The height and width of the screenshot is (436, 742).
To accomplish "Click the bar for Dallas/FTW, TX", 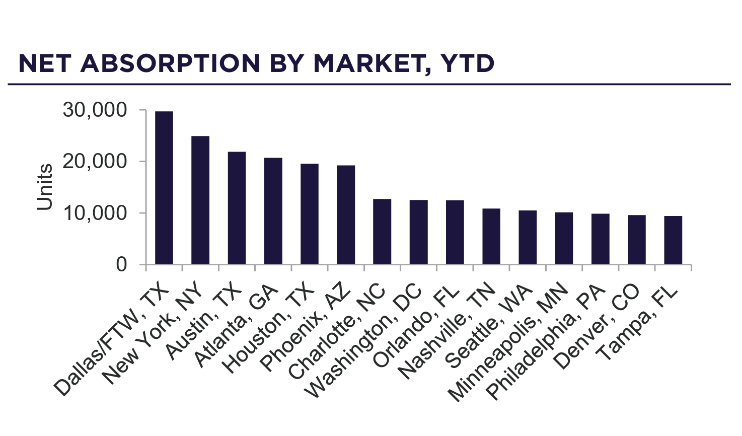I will (x=164, y=188).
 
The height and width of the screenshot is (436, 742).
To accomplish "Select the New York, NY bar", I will (x=200, y=200).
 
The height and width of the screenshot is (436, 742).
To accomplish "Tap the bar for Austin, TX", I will (x=237, y=208).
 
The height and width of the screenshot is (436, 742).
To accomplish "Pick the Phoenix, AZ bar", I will (x=346, y=214).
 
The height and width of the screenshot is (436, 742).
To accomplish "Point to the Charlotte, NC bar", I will (x=382, y=232).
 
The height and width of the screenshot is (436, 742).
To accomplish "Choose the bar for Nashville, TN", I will (x=491, y=236).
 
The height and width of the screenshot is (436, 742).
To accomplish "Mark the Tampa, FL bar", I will (x=673, y=240).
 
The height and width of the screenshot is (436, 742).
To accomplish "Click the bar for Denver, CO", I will (x=637, y=239).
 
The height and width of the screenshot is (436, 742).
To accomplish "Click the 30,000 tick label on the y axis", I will (x=95, y=110).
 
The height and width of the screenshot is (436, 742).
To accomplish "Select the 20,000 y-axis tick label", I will (x=95, y=162).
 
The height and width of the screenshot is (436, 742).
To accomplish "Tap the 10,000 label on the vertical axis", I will (x=95, y=213).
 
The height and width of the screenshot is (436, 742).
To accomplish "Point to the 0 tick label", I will (x=121, y=264).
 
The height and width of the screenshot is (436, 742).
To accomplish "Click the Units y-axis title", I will (x=45, y=187).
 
